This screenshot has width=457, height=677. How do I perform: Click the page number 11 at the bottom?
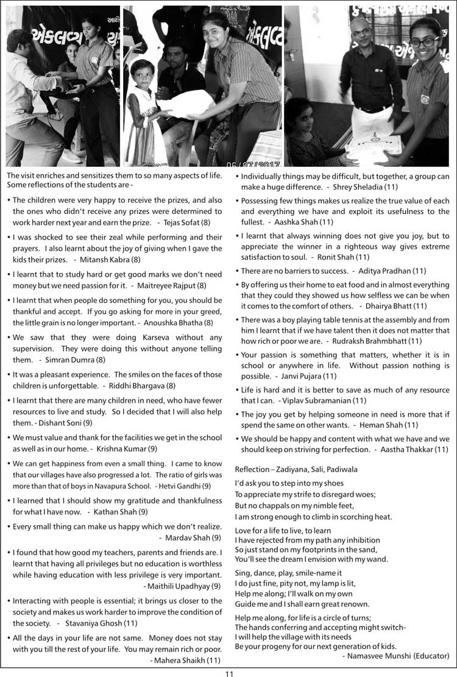[228, 673]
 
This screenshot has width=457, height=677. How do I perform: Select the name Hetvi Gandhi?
[180, 486]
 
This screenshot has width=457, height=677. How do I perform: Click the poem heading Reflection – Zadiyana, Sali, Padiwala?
[296, 469]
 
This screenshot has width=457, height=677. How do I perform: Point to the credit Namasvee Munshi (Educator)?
[395, 656]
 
